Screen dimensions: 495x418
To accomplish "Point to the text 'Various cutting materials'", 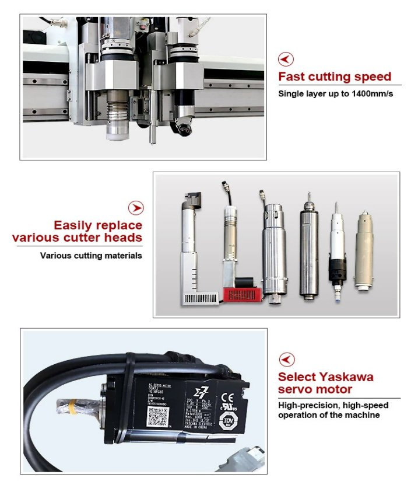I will click(91, 255).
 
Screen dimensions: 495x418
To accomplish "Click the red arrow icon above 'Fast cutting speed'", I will click(286, 59).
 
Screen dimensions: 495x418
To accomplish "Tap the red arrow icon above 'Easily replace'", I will click(135, 208).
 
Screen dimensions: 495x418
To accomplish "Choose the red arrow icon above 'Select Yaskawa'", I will click(286, 359).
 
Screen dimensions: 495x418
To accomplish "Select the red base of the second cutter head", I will click(241, 294).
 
